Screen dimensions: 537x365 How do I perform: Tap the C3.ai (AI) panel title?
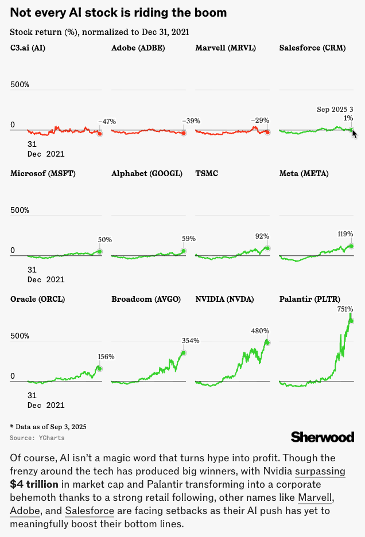pyautogui.click(x=28, y=48)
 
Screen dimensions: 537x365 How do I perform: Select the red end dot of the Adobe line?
pyautogui.click(x=184, y=133)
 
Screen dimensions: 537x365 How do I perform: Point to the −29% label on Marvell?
pyautogui.click(x=260, y=120)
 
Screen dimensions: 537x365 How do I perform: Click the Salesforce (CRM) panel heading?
pyautogui.click(x=312, y=48)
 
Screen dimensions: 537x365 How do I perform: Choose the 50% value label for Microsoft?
pyautogui.click(x=104, y=240)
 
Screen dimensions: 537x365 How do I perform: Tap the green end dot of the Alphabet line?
pyautogui.click(x=184, y=251)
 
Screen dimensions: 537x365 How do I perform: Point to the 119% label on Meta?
pyautogui.click(x=345, y=234)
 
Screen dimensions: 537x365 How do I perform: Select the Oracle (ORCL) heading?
pyautogui.click(x=37, y=299)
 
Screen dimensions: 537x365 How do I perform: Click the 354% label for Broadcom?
pyautogui.click(x=191, y=341)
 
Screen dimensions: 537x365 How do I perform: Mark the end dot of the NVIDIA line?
pyautogui.click(x=267, y=342)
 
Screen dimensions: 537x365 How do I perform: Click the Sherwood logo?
pyautogui.click(x=323, y=437)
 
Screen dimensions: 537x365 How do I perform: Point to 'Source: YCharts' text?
pyautogui.click(x=37, y=438)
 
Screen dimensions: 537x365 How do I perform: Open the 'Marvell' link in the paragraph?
pyautogui.click(x=316, y=496)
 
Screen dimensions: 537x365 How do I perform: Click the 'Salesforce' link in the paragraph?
pyautogui.click(x=89, y=509)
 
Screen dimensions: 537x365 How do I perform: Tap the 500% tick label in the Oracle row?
pyautogui.click(x=20, y=336)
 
